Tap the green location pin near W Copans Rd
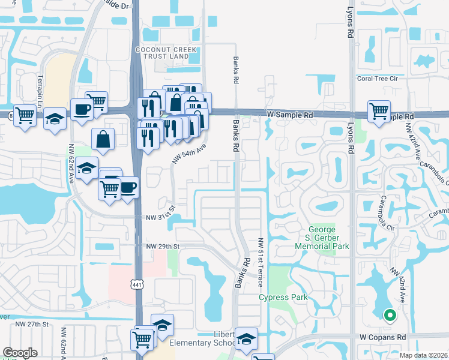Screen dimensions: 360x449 (389, 314)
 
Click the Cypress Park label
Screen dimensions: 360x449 (283, 297)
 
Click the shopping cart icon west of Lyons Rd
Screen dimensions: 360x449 (379, 110)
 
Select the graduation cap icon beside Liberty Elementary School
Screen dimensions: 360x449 (246, 338)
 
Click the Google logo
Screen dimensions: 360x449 (20, 353)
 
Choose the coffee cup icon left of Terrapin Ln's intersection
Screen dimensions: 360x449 (82, 109)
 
